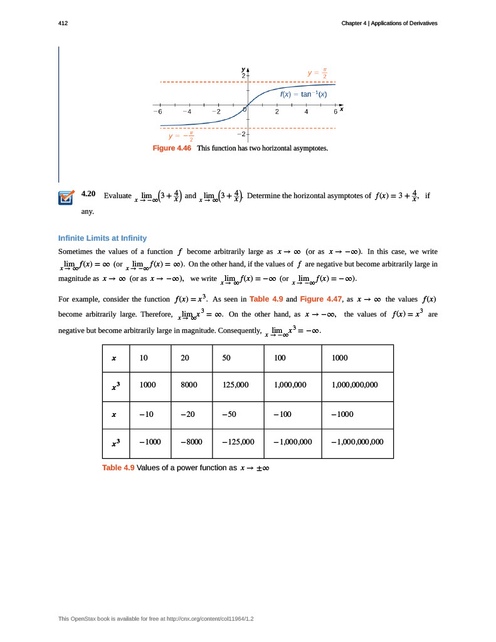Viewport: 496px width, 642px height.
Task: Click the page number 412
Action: (62, 23)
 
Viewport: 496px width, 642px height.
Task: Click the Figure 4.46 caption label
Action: (172, 148)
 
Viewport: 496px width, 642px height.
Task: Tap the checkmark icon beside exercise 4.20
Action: (66, 197)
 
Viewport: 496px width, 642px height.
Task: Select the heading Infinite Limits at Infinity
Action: (102, 238)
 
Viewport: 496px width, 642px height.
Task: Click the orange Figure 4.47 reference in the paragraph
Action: (321, 299)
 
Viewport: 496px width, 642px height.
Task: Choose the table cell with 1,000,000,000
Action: (354, 384)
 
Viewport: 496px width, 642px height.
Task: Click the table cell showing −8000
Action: (191, 441)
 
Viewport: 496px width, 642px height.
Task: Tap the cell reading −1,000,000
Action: (293, 441)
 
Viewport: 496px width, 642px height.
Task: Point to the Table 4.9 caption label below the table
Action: (118, 468)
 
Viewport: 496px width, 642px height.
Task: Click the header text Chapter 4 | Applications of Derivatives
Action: (389, 23)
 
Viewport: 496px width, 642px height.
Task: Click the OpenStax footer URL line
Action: (156, 619)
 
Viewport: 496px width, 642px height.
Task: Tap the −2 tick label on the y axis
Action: (241, 134)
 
